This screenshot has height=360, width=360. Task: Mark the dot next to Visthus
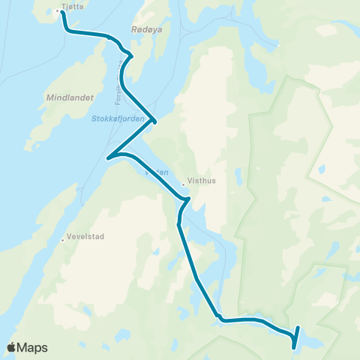[183, 184]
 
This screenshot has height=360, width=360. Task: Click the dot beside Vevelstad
[63, 240]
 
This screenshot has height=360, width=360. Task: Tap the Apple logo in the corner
[12, 347]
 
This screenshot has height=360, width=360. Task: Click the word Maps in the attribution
[32, 347]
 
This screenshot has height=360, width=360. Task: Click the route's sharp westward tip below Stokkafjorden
[109, 157]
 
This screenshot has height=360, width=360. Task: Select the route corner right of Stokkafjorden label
[154, 120]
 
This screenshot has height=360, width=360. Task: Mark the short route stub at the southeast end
[295, 337]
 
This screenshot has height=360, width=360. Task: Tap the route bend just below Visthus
[188, 199]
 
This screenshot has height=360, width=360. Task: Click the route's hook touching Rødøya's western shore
[131, 55]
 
